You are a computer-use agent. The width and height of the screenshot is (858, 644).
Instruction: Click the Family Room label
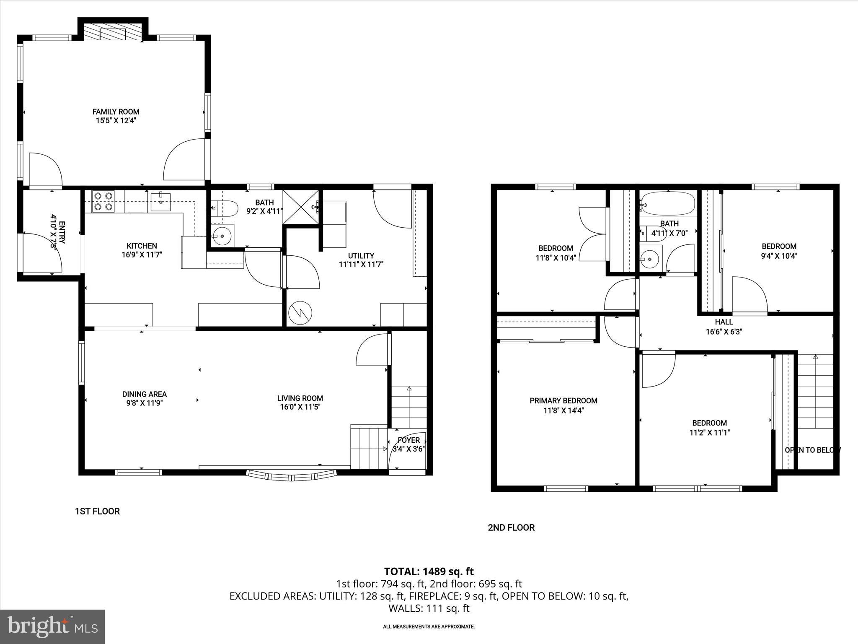pyautogui.click(x=116, y=112)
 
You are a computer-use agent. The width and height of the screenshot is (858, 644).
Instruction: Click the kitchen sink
pyautogui.click(x=161, y=201)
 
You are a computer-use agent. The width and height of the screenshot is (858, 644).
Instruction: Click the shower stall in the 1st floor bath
pyautogui.click(x=301, y=208)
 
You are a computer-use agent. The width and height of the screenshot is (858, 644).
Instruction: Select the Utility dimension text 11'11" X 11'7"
pyautogui.click(x=361, y=265)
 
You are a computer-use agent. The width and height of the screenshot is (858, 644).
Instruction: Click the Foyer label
pyautogui.click(x=408, y=440)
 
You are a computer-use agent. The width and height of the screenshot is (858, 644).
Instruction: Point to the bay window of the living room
pyautogui.click(x=292, y=475)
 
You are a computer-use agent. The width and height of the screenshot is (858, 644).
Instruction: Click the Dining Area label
pyautogui.click(x=144, y=394)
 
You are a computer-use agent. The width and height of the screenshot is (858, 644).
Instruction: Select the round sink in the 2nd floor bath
pyautogui.click(x=650, y=259)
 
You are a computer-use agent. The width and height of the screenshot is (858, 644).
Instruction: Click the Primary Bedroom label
pyautogui.click(x=563, y=401)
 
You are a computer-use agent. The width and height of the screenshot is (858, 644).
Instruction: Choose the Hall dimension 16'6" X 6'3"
pyautogui.click(x=724, y=331)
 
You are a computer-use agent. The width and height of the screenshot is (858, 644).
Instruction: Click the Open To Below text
pyautogui.click(x=812, y=450)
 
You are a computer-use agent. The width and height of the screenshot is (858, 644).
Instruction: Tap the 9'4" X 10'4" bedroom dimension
pyautogui.click(x=779, y=256)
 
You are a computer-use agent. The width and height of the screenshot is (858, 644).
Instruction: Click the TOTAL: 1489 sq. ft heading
pyautogui.click(x=429, y=571)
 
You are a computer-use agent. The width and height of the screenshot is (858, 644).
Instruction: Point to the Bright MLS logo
pyautogui.click(x=52, y=626)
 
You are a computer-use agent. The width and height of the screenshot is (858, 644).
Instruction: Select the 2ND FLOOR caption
pyautogui.click(x=511, y=527)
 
